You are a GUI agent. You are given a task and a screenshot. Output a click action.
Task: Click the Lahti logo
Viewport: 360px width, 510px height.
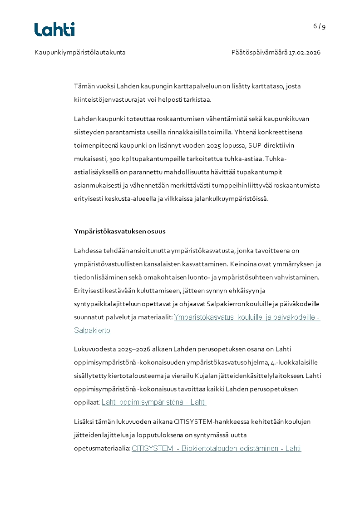pos(54,30)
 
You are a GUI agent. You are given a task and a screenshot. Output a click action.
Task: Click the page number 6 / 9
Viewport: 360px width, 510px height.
pos(319,26)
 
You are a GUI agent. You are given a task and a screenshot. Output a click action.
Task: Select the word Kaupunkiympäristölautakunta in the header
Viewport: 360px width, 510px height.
pos(80,52)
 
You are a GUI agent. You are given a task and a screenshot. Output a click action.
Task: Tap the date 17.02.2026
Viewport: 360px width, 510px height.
pos(305,52)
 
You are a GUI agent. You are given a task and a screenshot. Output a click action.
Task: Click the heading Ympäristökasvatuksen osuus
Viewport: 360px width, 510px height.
pos(120,231)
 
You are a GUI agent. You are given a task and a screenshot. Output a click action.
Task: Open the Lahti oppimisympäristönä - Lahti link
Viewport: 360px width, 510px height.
pos(154,402)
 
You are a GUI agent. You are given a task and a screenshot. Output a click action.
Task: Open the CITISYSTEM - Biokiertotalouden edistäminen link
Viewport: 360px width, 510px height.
pos(216,449)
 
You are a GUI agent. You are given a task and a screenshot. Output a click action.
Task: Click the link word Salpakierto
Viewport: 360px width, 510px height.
pos(92,331)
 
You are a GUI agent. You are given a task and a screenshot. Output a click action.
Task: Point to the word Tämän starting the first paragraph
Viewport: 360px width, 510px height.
pos(84,86)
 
